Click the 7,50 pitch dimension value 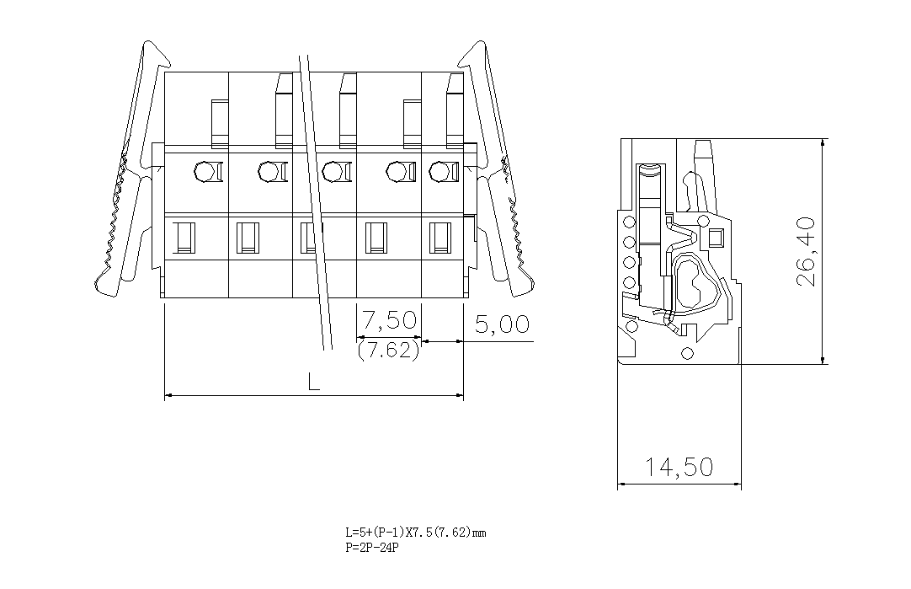click(389, 320)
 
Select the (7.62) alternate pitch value click(388, 351)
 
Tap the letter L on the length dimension click(313, 382)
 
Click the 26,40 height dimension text click(806, 251)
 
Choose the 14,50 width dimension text click(679, 467)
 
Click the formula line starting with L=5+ click(415, 533)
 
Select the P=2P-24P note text click(371, 548)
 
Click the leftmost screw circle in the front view click(203, 172)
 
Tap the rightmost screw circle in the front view click(438, 172)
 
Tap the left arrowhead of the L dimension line click(166, 395)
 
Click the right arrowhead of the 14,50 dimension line click(739, 485)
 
